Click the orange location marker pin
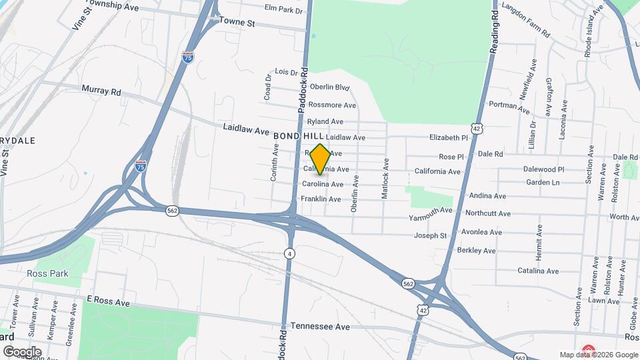[320, 159]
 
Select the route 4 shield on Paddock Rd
[289, 253]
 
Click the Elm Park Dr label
[283, 9]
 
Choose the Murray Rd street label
[101, 90]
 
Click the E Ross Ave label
[108, 302]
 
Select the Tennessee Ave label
[320, 327]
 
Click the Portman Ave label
[509, 105]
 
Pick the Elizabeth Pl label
[449, 137]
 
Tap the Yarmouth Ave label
[430, 212]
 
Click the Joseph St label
[431, 235]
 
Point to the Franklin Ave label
[321, 199]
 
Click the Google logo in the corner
[21, 351]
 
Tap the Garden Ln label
[543, 182]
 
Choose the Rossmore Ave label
[331, 105]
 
